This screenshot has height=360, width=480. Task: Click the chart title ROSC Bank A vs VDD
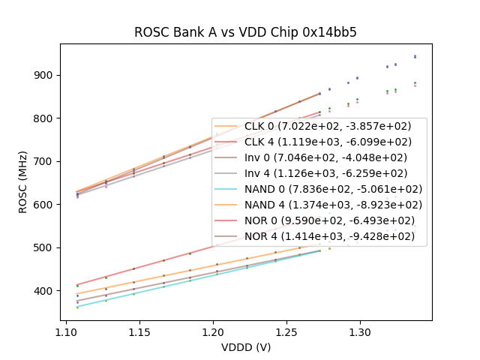click(x=245, y=32)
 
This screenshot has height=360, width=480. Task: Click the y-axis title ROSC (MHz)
click(x=24, y=182)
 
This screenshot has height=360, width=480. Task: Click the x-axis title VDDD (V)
click(x=245, y=347)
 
